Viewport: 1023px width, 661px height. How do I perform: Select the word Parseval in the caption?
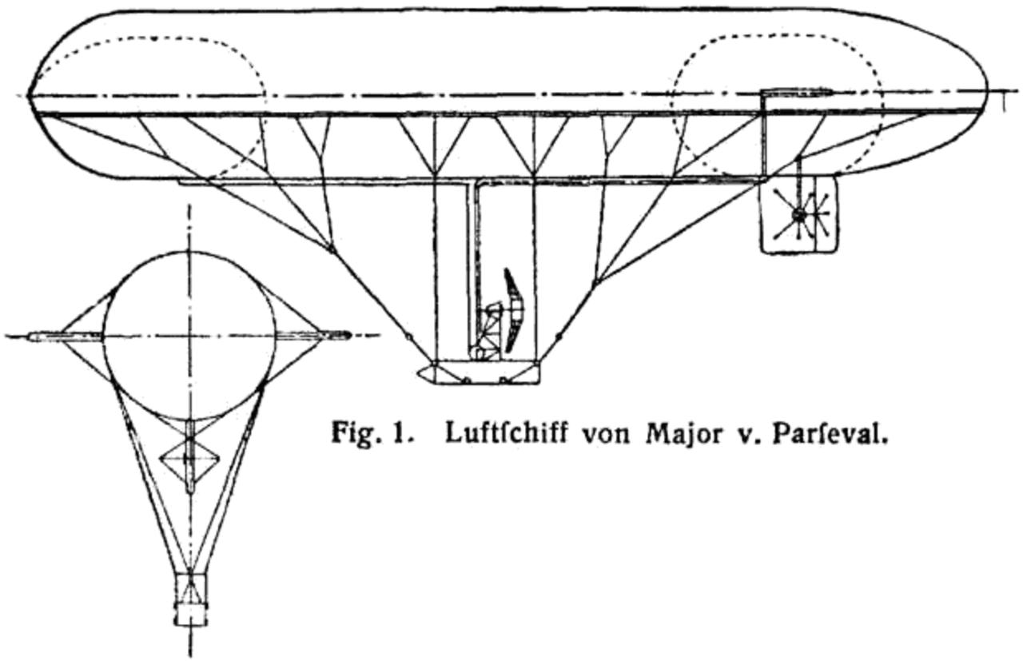(830, 433)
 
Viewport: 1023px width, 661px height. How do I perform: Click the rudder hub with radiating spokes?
(799, 214)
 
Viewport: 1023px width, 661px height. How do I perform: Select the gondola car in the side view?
(480, 372)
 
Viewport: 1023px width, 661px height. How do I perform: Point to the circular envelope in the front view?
(190, 336)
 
